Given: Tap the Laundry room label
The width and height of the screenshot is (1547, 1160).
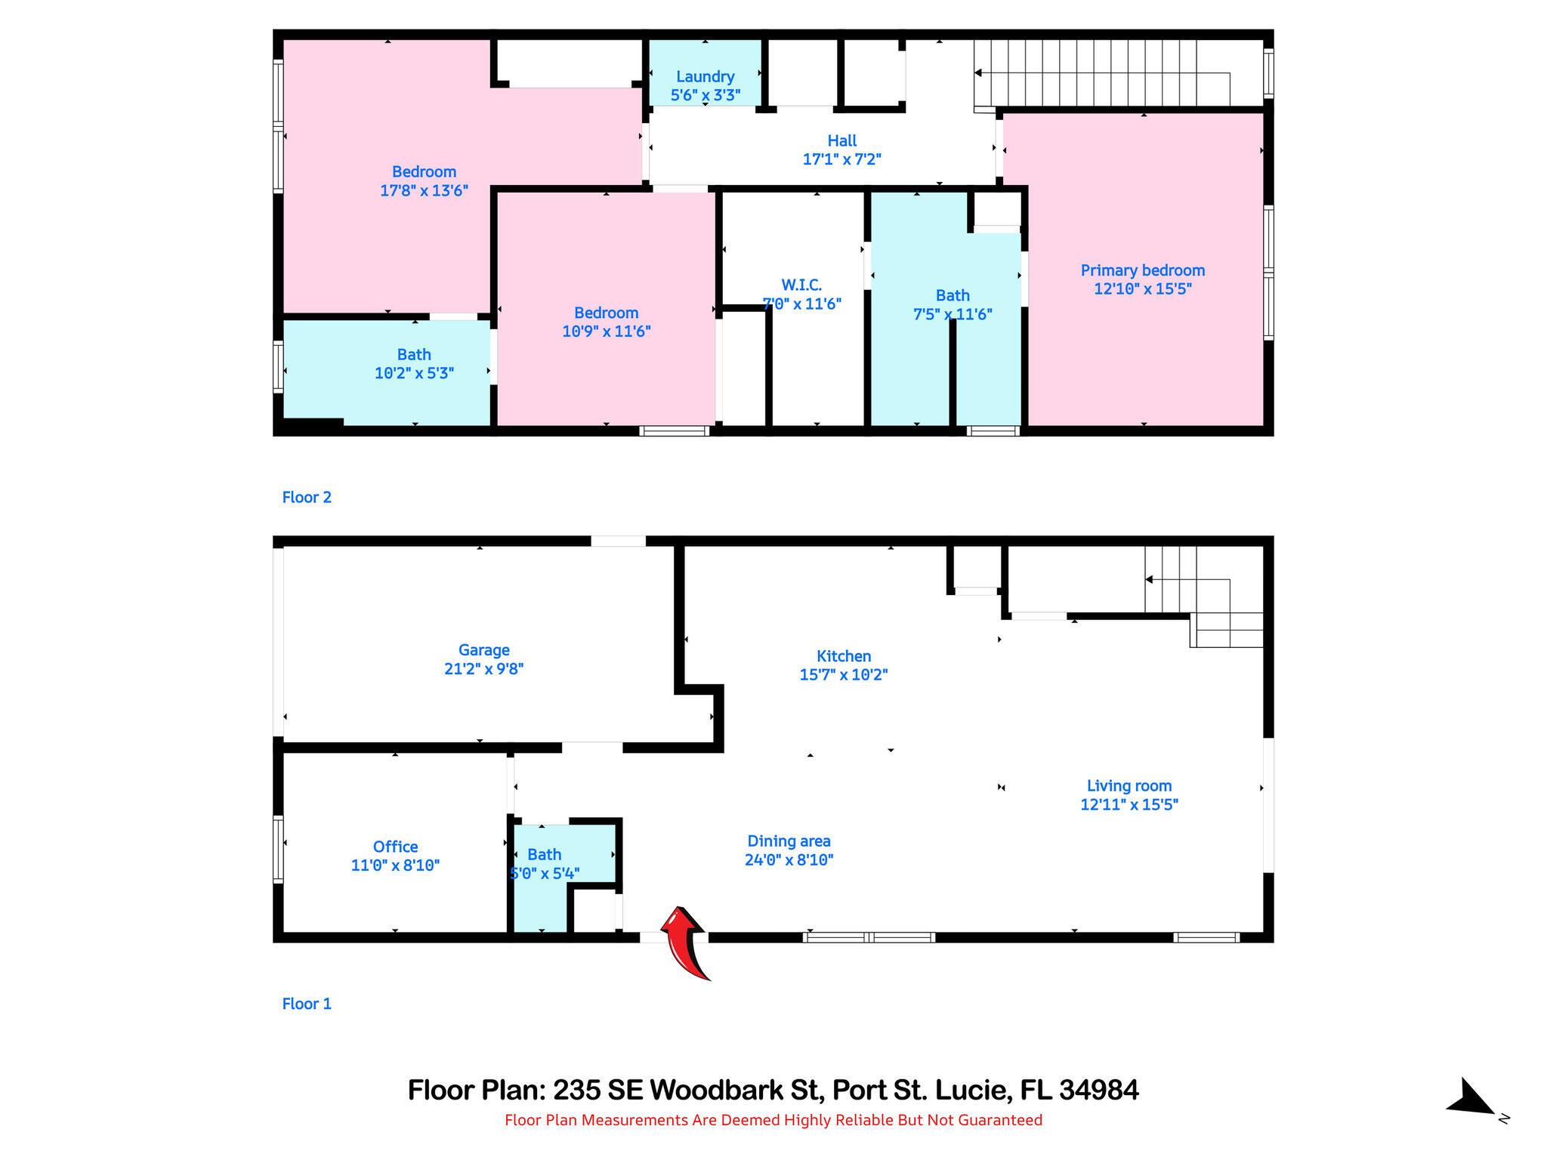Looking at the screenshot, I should [x=705, y=76].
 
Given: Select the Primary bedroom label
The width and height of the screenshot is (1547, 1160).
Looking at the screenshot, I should [x=1142, y=270].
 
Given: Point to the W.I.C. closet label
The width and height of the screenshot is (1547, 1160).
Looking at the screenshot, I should [x=801, y=285].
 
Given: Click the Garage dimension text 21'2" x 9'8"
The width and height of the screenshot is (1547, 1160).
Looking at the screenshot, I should [x=483, y=668].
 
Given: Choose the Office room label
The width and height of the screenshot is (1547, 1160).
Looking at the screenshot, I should [x=395, y=847].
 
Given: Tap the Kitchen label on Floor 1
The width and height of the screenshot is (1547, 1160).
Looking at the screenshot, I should [x=844, y=656].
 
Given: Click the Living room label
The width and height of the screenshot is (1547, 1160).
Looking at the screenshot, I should [x=1129, y=785].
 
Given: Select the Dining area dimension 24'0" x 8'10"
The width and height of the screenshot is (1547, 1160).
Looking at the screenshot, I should [x=789, y=859].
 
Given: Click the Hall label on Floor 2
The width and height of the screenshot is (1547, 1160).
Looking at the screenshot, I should [x=841, y=140].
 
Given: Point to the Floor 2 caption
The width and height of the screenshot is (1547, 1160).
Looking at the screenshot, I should [x=307, y=497].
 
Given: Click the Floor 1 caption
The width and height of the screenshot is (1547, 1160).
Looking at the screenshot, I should [x=307, y=1004].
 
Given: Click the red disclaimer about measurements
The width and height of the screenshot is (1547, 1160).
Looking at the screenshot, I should [x=773, y=1120].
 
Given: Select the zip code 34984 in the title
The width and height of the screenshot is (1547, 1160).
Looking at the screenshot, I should [x=1098, y=1090].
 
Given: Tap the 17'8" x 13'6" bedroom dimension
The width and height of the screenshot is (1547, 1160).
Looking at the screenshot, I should [x=424, y=190].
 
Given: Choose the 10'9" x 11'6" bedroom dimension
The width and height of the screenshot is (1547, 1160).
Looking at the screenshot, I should [x=606, y=331].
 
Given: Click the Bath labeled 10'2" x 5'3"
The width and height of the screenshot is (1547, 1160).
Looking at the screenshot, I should [x=414, y=354].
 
